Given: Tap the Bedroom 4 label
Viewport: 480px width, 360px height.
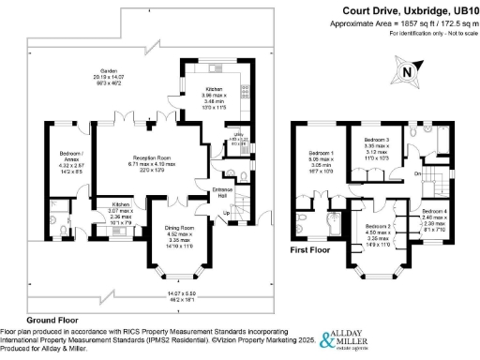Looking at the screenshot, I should pos(433,212).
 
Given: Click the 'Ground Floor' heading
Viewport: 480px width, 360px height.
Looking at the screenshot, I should pos(28,320).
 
